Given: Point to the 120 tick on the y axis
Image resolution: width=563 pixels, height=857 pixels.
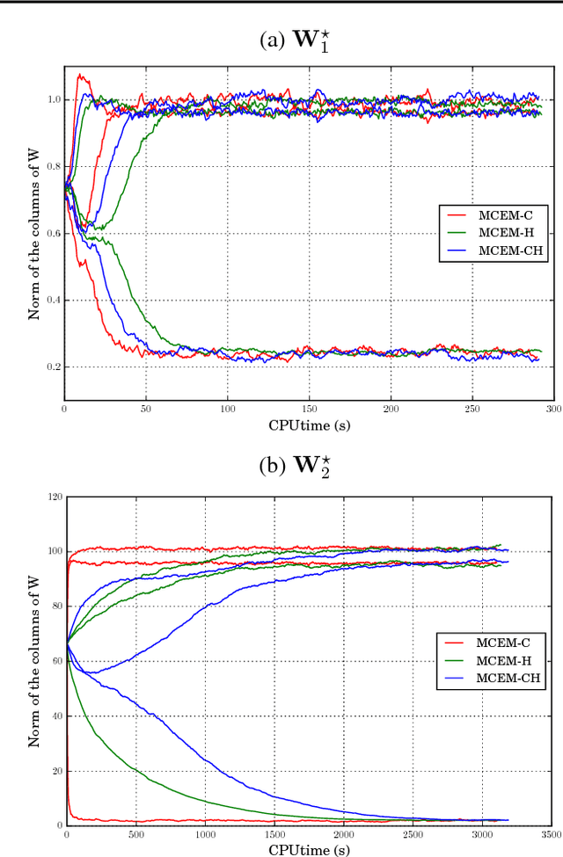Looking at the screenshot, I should click(53, 497).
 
